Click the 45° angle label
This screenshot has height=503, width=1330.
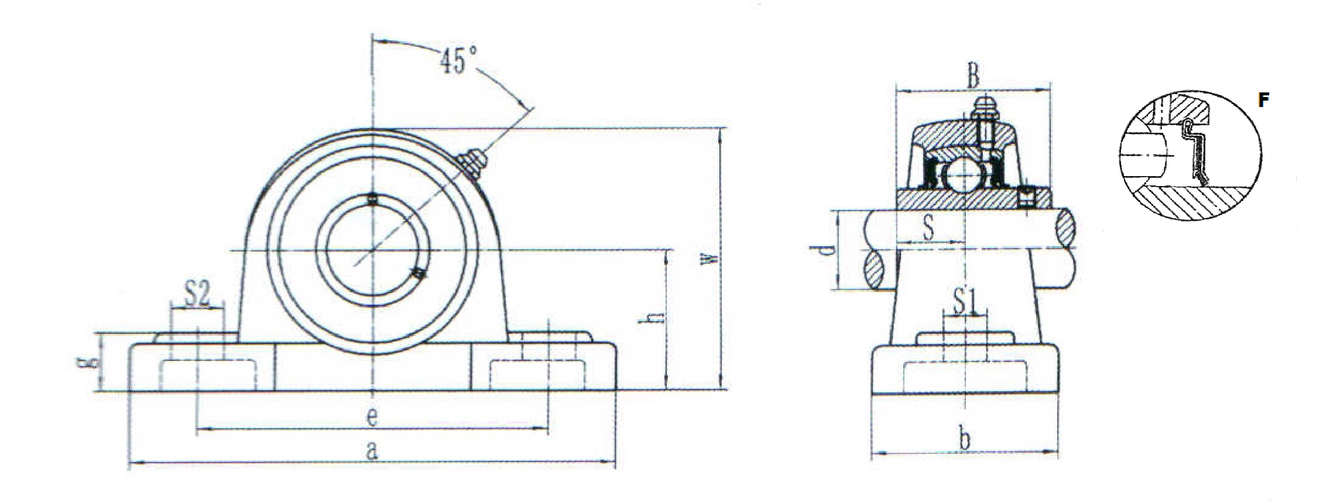tap(458, 60)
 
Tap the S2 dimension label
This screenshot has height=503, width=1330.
tap(197, 295)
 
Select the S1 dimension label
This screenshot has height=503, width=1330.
tap(965, 303)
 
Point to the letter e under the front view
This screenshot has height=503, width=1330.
tap(372, 416)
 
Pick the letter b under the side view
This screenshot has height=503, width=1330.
tap(964, 439)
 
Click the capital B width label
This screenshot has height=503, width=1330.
tap(972, 77)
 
